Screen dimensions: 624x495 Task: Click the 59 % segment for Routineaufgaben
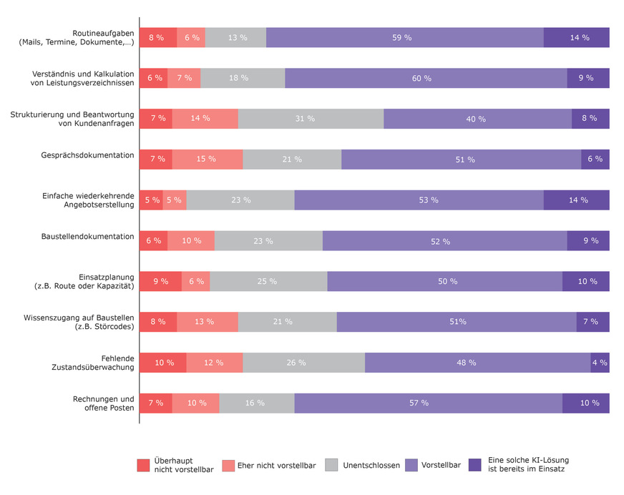[x=405, y=37]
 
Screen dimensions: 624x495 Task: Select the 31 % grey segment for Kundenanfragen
[x=311, y=119]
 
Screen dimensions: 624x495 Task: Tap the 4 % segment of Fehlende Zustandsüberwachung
[x=600, y=363]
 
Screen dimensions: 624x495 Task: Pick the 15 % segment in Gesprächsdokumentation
[x=208, y=160]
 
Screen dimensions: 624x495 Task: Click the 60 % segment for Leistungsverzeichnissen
[x=426, y=78]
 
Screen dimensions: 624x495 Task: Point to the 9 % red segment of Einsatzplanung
[x=160, y=281]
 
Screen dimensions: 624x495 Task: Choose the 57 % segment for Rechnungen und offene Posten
[x=428, y=403]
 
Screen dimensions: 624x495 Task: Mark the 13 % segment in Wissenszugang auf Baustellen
[x=208, y=322]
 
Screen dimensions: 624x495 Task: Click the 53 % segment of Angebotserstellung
[x=419, y=200]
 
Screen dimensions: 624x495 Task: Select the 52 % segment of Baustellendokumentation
[x=445, y=241]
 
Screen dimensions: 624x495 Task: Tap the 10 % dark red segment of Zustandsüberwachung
[x=162, y=363]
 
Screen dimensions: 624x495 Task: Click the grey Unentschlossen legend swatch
[x=331, y=465]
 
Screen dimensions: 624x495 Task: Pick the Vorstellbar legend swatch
[x=411, y=465]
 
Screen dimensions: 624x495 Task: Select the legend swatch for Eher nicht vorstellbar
[x=228, y=466]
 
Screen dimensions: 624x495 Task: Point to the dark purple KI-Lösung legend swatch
[x=474, y=465]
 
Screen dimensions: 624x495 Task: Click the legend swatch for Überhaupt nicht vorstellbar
[x=143, y=465]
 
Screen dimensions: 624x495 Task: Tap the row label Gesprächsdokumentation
[x=87, y=155]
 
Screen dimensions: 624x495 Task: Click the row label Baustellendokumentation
[x=87, y=236]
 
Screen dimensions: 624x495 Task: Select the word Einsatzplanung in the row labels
[x=106, y=277]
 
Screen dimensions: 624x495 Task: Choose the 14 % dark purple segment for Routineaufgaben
[x=577, y=37]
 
